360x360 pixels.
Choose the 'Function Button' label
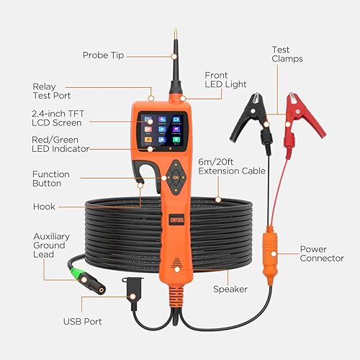coord(51,179)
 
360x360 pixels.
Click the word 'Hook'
coord(44,206)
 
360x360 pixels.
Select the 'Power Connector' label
coord(322,253)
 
